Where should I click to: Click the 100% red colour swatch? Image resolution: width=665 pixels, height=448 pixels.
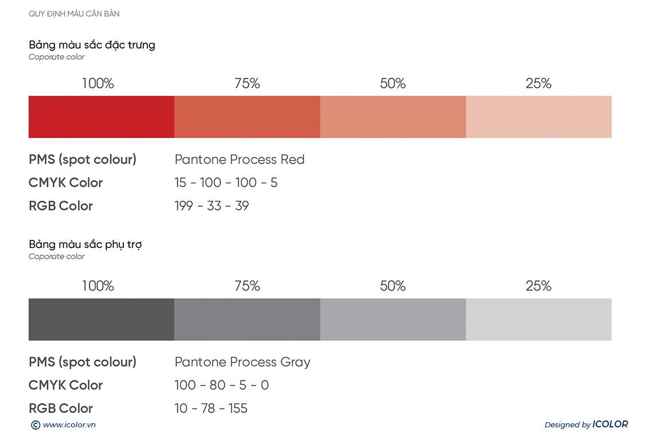101,117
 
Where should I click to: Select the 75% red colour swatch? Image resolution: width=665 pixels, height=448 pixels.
247,117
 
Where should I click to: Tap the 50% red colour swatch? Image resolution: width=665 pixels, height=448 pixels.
393,117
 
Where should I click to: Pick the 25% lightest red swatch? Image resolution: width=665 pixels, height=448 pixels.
538,117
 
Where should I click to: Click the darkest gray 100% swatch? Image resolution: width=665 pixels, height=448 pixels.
101,320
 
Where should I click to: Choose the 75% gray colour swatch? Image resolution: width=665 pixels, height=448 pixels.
247,320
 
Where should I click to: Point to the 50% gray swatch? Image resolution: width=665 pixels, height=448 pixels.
393,320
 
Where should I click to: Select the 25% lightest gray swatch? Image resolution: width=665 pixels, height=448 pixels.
538,320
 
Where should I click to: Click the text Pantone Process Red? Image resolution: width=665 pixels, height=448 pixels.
240,159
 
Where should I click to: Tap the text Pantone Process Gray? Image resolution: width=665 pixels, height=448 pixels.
242,362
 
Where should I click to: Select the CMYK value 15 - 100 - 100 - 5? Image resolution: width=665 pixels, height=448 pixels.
226,182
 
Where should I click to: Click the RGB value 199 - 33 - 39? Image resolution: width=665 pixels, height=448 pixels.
212,205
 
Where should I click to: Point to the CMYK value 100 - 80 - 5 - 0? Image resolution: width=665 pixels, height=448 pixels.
221,385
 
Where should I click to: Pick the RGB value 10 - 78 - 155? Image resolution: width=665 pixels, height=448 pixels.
211,408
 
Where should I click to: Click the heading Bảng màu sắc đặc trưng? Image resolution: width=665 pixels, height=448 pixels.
92,45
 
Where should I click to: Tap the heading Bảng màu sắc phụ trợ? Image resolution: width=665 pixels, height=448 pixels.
85,244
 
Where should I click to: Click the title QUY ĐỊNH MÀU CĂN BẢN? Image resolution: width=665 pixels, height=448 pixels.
74,14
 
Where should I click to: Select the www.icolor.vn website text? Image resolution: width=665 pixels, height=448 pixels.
69,425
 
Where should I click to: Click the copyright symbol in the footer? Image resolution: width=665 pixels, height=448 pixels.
36,425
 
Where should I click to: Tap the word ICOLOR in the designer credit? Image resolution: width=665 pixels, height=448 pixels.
610,424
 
